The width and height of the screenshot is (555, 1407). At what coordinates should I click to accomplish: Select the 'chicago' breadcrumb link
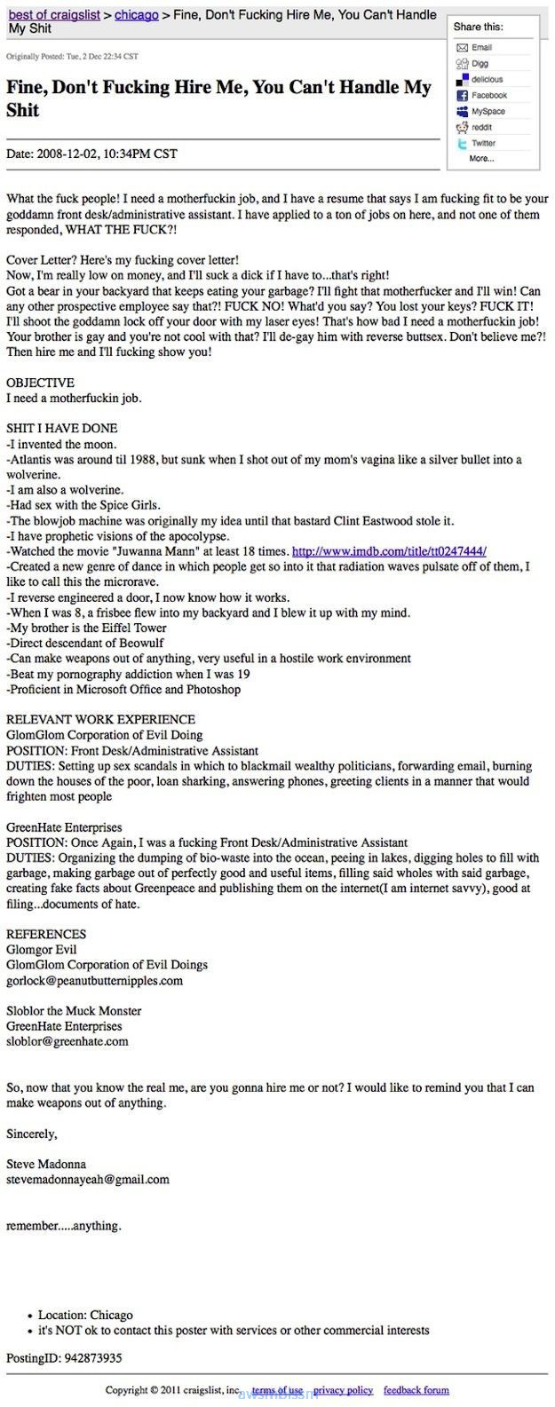[137, 15]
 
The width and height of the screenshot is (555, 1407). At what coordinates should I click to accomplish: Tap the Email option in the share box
[481, 48]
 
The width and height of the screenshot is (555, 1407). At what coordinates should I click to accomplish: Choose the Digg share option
[480, 64]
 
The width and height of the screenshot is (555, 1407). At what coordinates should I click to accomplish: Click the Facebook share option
[488, 96]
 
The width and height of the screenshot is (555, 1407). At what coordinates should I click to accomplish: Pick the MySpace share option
[488, 112]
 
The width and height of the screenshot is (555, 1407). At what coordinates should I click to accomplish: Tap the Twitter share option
[483, 144]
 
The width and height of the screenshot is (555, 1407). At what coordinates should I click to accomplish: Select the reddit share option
[481, 128]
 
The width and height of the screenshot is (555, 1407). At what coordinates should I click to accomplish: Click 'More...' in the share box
[481, 159]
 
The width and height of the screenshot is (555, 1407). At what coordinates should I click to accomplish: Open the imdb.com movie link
[388, 551]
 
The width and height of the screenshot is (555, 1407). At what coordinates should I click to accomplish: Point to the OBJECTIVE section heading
[40, 383]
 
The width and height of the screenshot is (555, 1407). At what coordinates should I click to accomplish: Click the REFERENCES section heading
[46, 934]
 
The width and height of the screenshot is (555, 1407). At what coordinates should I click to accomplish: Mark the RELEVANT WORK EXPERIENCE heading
[100, 719]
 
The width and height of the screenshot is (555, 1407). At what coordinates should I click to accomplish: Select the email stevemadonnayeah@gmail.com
[87, 1180]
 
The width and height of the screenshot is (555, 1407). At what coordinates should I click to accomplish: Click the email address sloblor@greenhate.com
[67, 1041]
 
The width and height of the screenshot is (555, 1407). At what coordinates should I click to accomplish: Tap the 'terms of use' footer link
[277, 1390]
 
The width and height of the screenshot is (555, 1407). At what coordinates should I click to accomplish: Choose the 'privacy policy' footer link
[343, 1390]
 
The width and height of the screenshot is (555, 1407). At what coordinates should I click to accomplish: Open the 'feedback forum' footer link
[416, 1390]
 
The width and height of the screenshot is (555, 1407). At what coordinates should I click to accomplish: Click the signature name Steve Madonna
[46, 1164]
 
